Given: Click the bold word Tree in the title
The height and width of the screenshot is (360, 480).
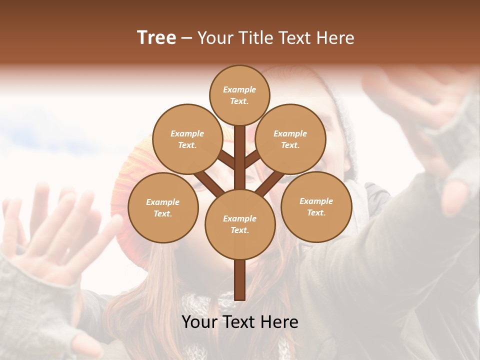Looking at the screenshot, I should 156,38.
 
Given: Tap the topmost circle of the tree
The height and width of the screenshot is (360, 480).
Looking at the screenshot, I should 239,95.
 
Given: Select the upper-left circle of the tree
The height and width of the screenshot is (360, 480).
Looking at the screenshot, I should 187,139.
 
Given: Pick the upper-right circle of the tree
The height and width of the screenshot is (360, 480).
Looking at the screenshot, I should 290,139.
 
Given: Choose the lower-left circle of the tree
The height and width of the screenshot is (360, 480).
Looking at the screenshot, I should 163,207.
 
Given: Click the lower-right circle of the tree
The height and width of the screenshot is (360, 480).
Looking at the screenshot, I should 316,206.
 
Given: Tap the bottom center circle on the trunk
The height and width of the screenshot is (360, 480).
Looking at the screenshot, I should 240,224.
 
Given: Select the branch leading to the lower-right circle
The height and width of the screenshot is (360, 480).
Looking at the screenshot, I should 270,184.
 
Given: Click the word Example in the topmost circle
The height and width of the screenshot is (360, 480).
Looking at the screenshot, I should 239,89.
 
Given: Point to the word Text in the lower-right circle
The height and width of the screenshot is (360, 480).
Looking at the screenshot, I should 316,212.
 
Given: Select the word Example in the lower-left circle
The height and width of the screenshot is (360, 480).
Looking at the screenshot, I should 163,202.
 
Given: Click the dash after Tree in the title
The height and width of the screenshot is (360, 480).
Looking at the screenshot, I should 186,38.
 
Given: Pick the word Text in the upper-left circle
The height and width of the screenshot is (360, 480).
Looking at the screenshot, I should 187,145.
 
